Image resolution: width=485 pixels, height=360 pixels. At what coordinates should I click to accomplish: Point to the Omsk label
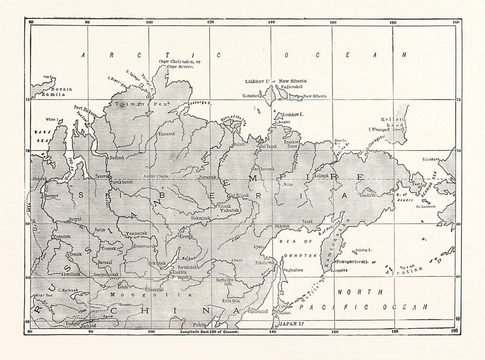tap(75, 254)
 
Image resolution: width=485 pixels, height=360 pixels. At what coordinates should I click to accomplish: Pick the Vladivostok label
tap(258, 311)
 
